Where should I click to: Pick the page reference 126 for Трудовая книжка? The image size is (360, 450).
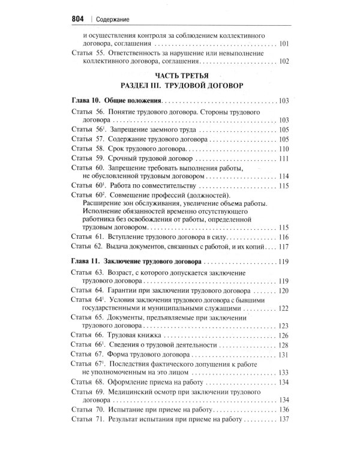coord(284,335)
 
